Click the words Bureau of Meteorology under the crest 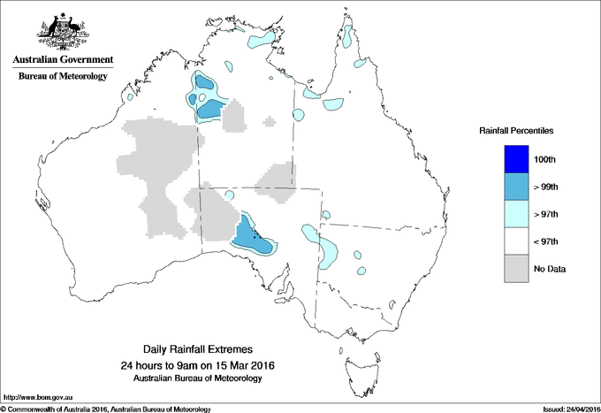point(63,77)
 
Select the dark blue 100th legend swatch point(516,159)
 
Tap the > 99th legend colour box point(516,187)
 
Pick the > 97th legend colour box point(516,214)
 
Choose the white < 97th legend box point(516,241)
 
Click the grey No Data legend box point(516,268)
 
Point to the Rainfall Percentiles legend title point(516,130)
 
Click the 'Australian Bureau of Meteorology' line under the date point(204,379)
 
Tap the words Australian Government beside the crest point(63,60)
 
